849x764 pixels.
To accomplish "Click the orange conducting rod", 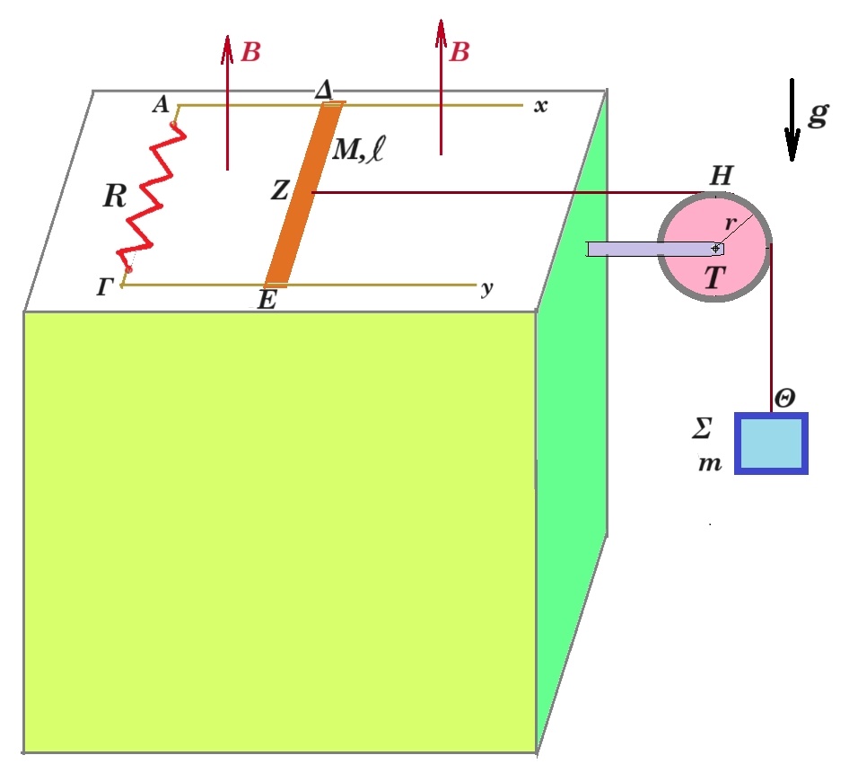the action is pos(303,194).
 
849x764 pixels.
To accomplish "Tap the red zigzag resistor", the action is pos(152,198).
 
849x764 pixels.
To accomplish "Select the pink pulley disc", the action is pos(714,247).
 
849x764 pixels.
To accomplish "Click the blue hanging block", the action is pos(771,443).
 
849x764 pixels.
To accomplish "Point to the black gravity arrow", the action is pos(792,119).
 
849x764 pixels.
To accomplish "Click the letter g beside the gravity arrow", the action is pos(818,114).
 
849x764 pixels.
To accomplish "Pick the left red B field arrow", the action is pos(227,103).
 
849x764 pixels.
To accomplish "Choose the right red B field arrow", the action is pos(442,88).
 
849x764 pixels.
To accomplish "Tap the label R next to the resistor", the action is pos(115,196).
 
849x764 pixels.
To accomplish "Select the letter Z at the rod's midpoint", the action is pos(280,190).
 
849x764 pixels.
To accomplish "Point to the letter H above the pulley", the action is pos(722,176).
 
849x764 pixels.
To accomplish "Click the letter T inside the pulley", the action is pos(714,277).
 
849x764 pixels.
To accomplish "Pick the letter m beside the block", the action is pos(710,464).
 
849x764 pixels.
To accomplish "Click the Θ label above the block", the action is pos(784,399).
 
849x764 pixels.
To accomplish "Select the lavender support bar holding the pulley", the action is pos(655,249).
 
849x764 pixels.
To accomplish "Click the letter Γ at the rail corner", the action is pos(105,287).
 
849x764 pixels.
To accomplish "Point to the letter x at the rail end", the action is pos(540,106).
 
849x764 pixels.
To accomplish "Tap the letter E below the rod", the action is pos(267,300).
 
